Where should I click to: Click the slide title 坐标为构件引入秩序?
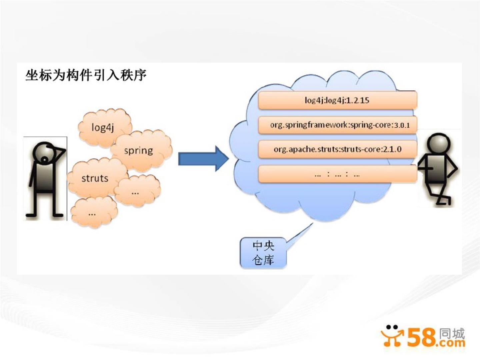[86, 75]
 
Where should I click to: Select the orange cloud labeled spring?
[139, 151]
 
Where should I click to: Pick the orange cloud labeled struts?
[95, 178]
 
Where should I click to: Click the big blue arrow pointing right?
[203, 159]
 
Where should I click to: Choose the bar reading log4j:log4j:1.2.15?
[337, 100]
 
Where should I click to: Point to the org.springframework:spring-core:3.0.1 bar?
[337, 125]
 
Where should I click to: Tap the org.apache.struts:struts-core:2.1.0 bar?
[337, 149]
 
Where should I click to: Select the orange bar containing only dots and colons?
[337, 174]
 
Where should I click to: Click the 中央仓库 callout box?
[263, 253]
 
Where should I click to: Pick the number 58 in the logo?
[421, 337]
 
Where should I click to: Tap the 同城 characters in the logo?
[452, 333]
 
